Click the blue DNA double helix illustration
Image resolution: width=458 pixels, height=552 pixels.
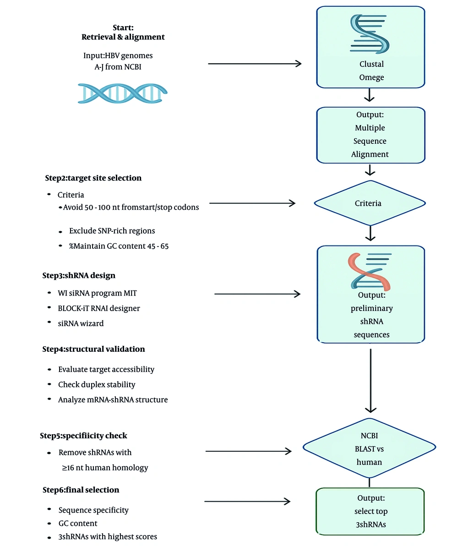tap(122, 93)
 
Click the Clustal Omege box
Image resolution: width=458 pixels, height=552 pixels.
tap(371, 47)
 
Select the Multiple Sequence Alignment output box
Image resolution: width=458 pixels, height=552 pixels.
tap(371, 135)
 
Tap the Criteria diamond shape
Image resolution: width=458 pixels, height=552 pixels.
tap(370, 203)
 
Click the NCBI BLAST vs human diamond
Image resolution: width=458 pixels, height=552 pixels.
tap(369, 449)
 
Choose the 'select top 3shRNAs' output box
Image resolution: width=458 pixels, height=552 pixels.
tap(371, 511)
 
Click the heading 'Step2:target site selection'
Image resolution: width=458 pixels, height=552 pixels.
tap(93, 178)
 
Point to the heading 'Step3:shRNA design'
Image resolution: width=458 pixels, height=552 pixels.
tap(79, 275)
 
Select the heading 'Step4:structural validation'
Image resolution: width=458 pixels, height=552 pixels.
tap(93, 349)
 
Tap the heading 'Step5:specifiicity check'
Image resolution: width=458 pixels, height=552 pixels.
tap(83, 436)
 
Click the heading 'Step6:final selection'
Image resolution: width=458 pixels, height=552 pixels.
tap(81, 490)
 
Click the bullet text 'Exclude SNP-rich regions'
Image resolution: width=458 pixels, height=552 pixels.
tap(112, 231)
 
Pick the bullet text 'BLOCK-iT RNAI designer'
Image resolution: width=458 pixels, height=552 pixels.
tap(99, 308)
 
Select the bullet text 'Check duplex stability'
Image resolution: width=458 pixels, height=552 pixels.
tap(97, 384)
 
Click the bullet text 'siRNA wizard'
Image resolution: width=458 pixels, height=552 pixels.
tap(81, 323)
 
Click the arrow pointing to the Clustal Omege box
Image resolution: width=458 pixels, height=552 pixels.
tap(255, 64)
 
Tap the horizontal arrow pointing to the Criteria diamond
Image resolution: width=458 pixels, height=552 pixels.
tap(252, 203)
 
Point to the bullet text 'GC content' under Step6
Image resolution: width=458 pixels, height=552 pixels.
tap(78, 523)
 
